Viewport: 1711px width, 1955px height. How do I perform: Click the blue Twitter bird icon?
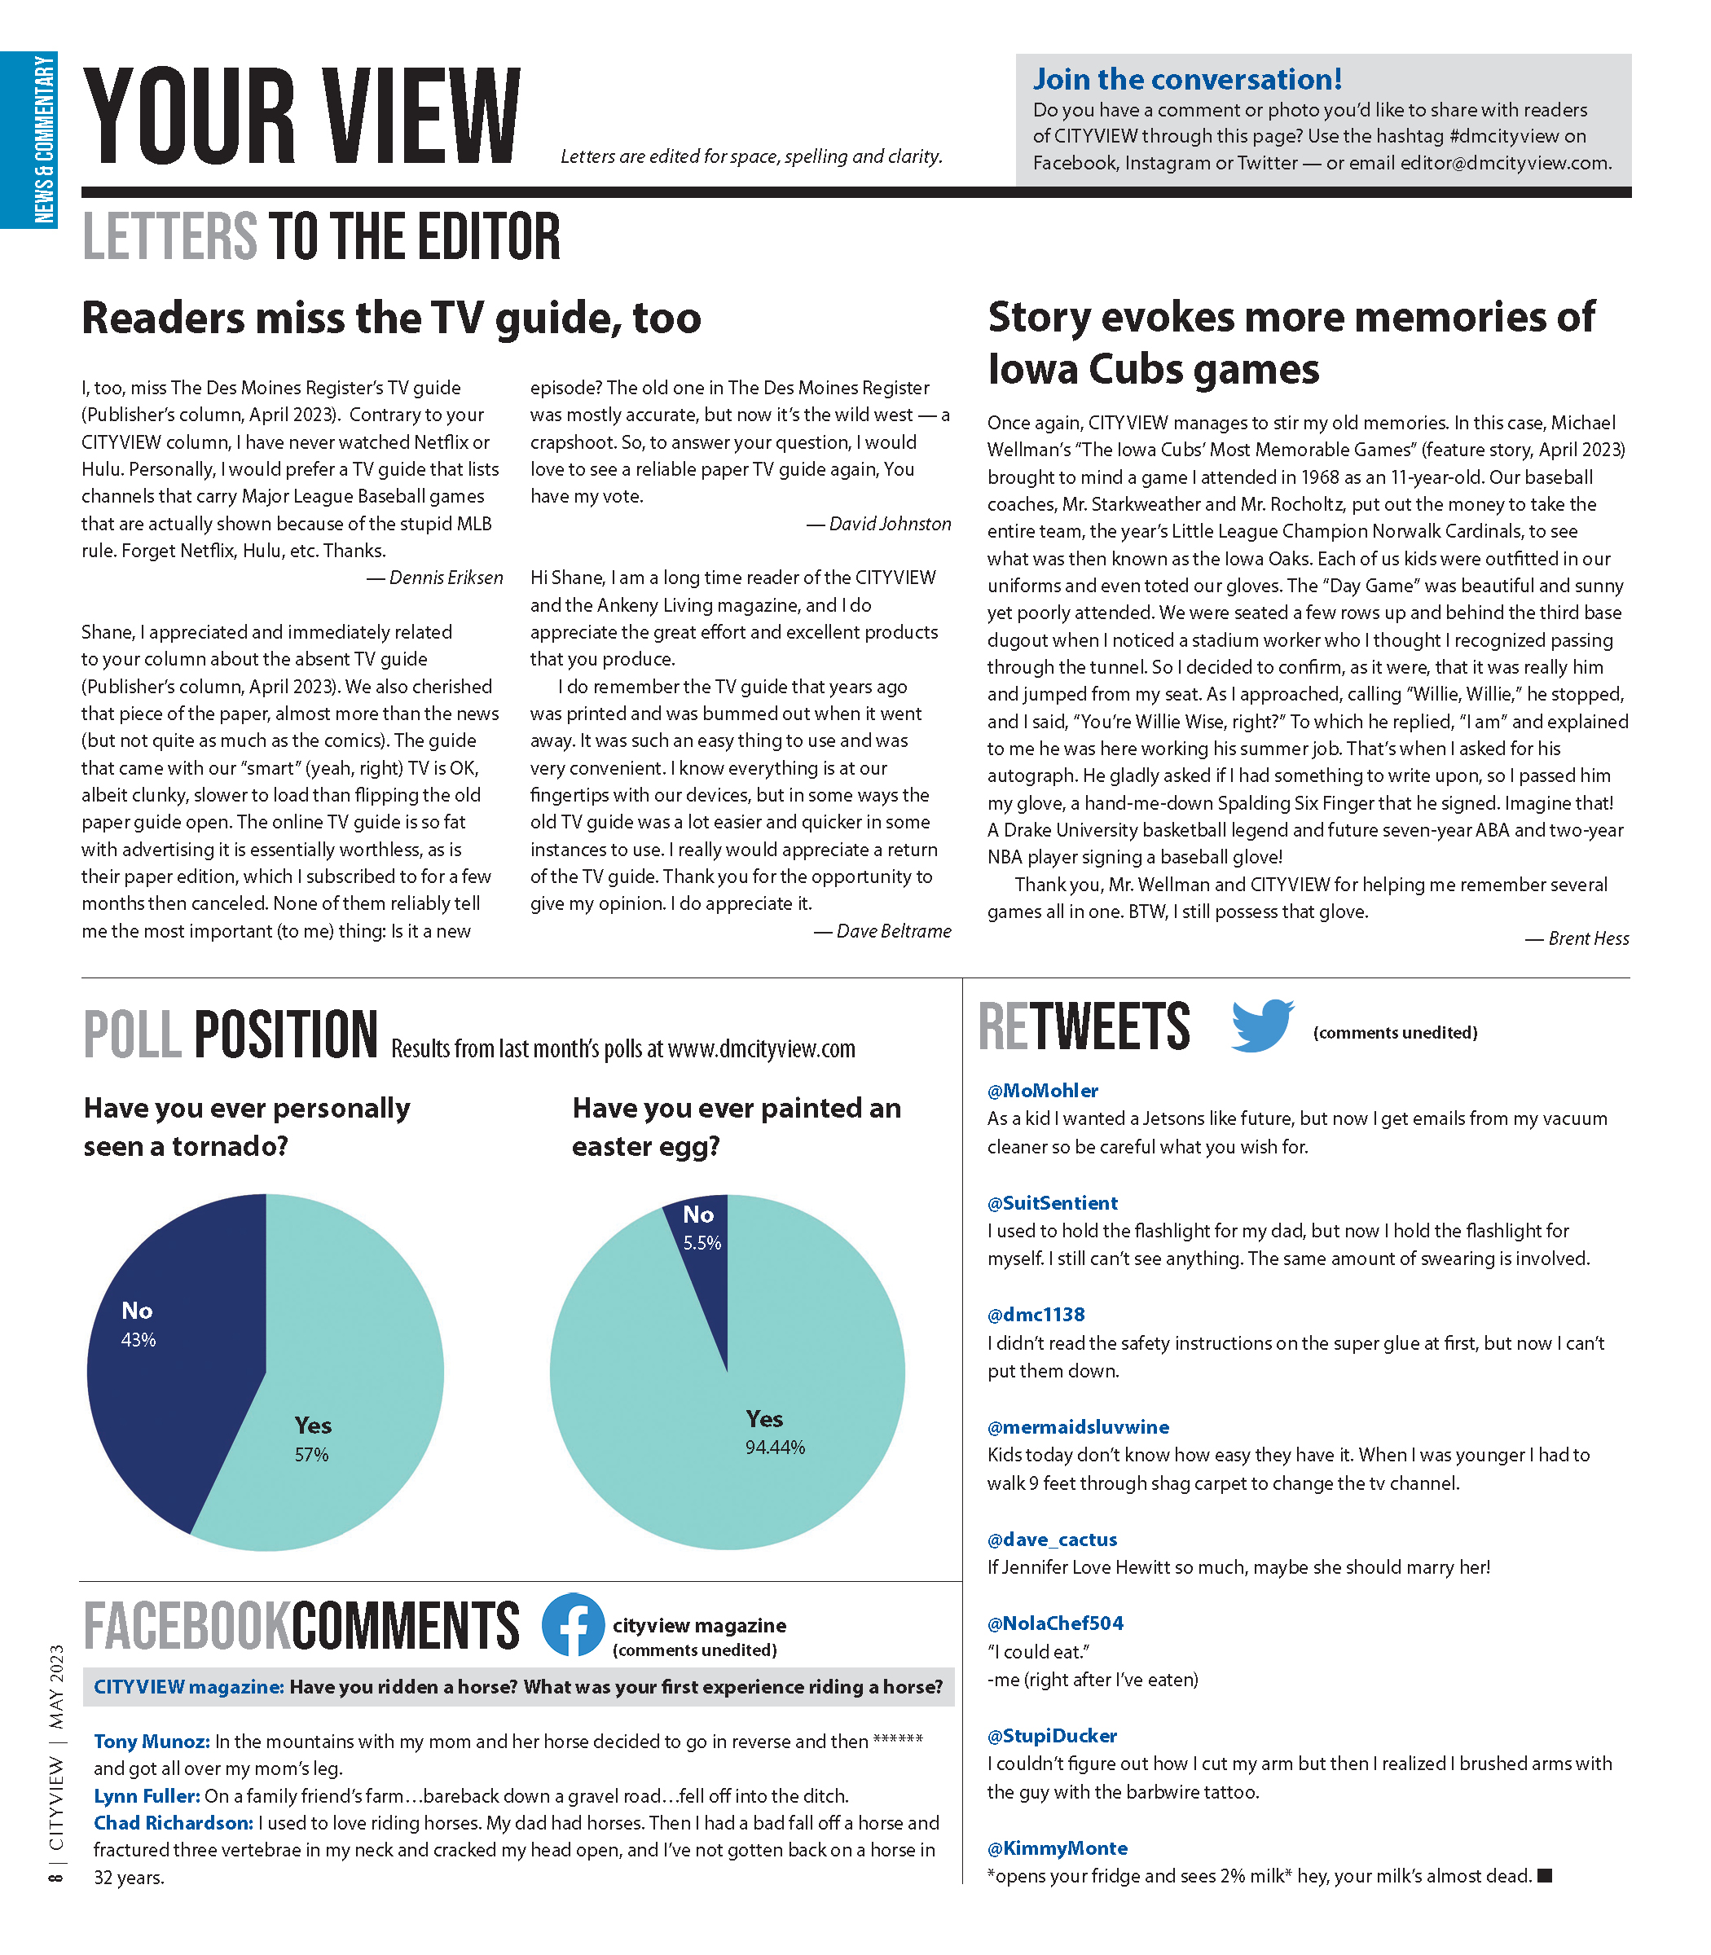pyautogui.click(x=1262, y=1026)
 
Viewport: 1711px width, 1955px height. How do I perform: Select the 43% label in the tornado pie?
pyautogui.click(x=139, y=1340)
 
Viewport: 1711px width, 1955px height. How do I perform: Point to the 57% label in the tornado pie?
pyautogui.click(x=311, y=1455)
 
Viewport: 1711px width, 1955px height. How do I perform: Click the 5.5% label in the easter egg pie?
pyautogui.click(x=702, y=1243)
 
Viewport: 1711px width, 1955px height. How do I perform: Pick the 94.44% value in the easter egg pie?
pyautogui.click(x=776, y=1448)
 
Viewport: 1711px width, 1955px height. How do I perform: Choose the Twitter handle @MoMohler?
pyautogui.click(x=1043, y=1090)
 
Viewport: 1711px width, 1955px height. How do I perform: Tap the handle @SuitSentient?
pyautogui.click(x=1052, y=1203)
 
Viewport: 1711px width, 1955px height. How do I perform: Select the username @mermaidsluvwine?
pyautogui.click(x=1078, y=1427)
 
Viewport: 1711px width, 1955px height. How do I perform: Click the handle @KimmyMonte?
pyautogui.click(x=1057, y=1848)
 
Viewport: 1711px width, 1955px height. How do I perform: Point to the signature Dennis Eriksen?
pyautogui.click(x=446, y=578)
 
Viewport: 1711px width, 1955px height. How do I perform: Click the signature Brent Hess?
pyautogui.click(x=1588, y=938)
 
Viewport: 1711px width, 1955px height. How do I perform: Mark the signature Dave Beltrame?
pyautogui.click(x=894, y=931)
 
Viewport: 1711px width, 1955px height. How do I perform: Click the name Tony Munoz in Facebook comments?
pyautogui.click(x=152, y=1742)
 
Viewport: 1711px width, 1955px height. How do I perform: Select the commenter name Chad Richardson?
pyautogui.click(x=174, y=1822)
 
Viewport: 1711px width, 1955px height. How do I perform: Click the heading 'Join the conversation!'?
pyautogui.click(x=1188, y=79)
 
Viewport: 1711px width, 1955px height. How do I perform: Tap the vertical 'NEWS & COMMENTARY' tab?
pyautogui.click(x=44, y=139)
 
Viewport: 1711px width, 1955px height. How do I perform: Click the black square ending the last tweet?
pyautogui.click(x=1546, y=1876)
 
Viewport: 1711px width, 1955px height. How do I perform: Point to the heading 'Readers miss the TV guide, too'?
pyautogui.click(x=391, y=318)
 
